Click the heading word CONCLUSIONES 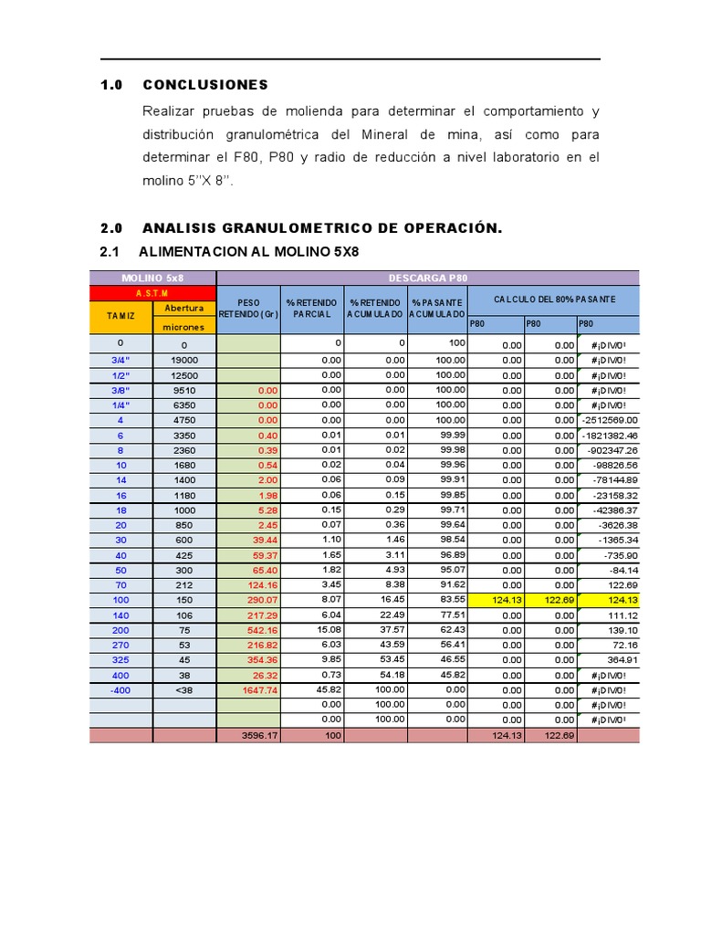click(x=205, y=85)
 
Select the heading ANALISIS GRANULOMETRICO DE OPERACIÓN click(x=322, y=227)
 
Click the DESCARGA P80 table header click(x=427, y=278)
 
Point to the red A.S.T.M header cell click(x=152, y=293)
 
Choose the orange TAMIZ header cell click(x=120, y=317)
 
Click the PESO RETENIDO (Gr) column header click(x=248, y=309)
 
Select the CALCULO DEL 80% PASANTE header click(x=554, y=299)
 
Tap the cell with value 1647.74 click(x=260, y=690)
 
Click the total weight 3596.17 click(x=260, y=735)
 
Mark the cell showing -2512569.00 click(x=608, y=420)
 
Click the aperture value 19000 click(x=183, y=360)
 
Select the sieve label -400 click(x=120, y=690)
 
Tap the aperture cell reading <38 click(x=183, y=690)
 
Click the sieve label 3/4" click(x=120, y=360)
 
